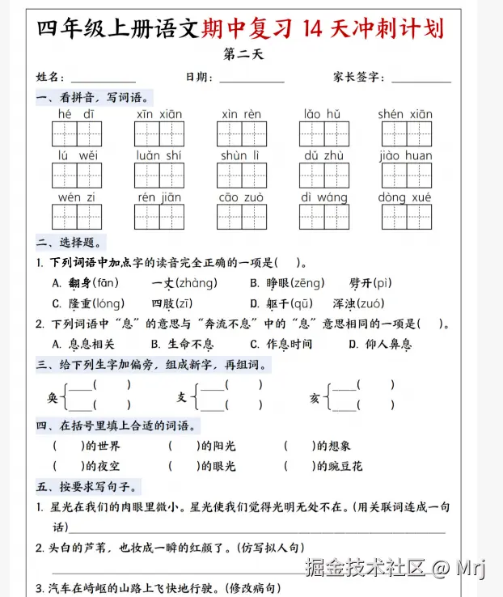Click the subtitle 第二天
coord(243,56)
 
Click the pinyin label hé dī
coord(77,114)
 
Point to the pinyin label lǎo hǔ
coord(323,114)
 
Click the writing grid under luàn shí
coord(159,176)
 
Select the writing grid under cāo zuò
coord(241,217)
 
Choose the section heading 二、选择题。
coord(70,242)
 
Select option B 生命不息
coord(186,344)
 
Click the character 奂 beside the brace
coord(53,397)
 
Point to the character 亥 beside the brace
coord(315,397)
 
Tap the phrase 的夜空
coord(103,466)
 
